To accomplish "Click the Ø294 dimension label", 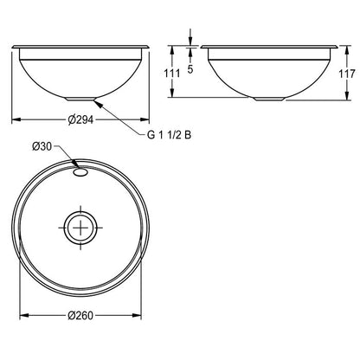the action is coord(80,119).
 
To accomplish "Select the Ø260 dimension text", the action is coord(80,315).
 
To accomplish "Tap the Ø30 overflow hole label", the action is coord(42,147).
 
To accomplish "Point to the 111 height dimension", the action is coord(172,74).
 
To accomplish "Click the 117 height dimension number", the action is coord(347,74).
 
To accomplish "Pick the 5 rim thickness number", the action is coord(190,69).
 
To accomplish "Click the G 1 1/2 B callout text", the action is coord(169,135).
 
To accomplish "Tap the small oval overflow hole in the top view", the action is coord(80,172).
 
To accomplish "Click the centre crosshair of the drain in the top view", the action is coord(80,228).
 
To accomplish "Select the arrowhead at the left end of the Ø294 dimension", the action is coord(16,119).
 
